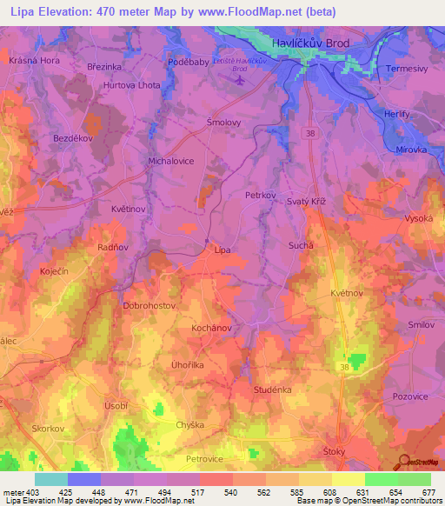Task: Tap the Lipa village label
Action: point(223,250)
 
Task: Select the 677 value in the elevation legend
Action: point(427,491)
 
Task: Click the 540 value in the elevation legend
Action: point(230,491)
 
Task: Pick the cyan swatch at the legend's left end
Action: point(51,479)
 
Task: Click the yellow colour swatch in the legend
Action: point(348,479)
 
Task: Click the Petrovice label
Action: point(205,458)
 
